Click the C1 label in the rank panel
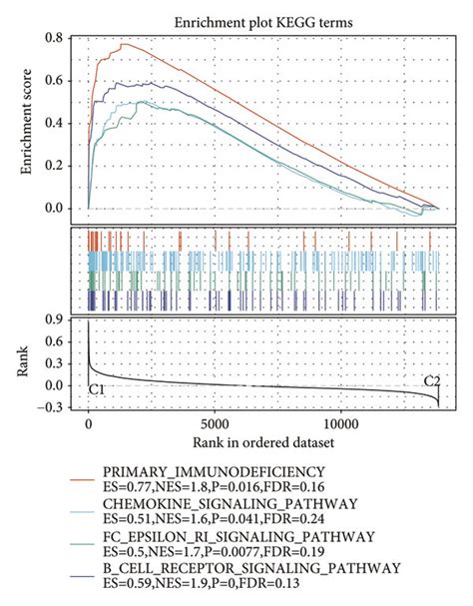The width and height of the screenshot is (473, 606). click(x=98, y=387)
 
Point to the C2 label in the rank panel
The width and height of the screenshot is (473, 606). click(x=432, y=380)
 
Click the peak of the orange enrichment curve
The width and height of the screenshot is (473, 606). click(x=124, y=44)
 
